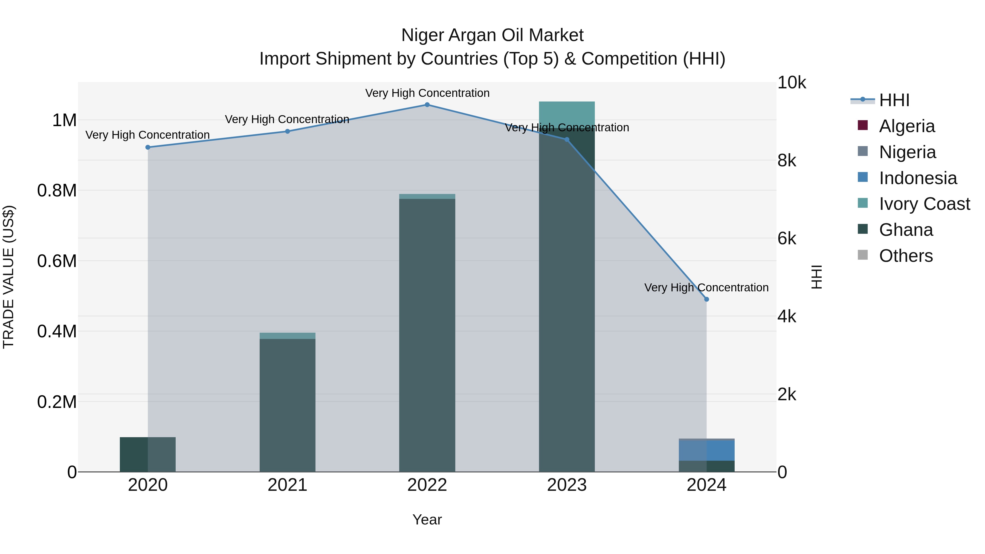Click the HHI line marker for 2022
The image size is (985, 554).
point(427,105)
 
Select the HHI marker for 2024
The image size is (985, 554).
point(706,299)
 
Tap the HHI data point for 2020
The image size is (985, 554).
point(148,147)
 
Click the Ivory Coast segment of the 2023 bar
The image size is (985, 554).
point(567,114)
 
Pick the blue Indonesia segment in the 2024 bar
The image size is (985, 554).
point(706,450)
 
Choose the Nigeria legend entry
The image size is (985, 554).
point(907,152)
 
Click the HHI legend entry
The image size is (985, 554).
point(894,100)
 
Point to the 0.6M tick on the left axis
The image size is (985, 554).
point(57,261)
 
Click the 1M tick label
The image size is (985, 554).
point(64,120)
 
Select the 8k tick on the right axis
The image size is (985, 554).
point(787,161)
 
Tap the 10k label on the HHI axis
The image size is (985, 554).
point(792,83)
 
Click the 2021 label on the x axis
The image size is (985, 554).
point(288,485)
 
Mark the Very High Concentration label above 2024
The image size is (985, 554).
point(706,288)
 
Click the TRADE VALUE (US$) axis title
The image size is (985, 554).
point(8,277)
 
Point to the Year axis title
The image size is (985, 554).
point(427,520)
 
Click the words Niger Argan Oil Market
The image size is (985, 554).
point(492,35)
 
